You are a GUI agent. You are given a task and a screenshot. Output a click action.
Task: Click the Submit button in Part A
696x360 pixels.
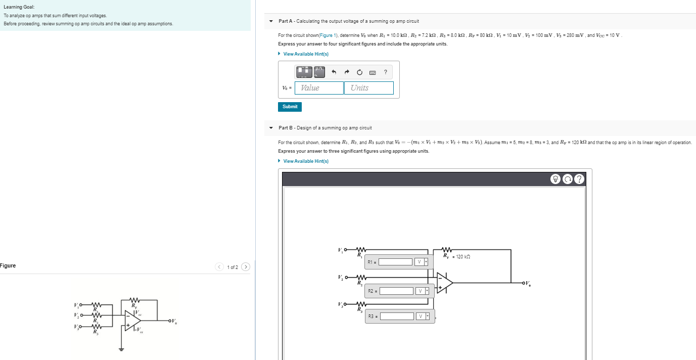[290, 107]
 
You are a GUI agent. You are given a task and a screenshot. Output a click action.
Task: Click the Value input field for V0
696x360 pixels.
[319, 88]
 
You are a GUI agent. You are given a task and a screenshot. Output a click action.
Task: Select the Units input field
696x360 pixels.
[368, 88]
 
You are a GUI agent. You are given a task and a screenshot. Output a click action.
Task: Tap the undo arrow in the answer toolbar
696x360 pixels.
[334, 72]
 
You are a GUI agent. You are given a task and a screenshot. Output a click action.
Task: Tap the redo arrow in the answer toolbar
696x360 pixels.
[347, 72]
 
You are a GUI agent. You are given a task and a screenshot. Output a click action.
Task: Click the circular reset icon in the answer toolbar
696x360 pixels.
[360, 72]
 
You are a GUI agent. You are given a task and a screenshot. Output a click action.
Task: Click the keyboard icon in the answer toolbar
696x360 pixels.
[373, 73]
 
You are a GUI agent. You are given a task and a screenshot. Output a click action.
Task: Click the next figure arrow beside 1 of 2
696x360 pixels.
[246, 267]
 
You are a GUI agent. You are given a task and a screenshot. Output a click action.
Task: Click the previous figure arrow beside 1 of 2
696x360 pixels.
[219, 267]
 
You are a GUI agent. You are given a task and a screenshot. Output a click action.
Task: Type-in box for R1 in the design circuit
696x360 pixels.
[396, 262]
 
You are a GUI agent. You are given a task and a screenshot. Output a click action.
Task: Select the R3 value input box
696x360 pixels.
[397, 317]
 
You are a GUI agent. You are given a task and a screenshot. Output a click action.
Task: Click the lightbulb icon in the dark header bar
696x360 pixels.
[556, 179]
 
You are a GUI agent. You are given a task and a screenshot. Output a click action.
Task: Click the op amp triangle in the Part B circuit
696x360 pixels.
[444, 283]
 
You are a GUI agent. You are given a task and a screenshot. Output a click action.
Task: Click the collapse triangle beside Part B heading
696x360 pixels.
[271, 128]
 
